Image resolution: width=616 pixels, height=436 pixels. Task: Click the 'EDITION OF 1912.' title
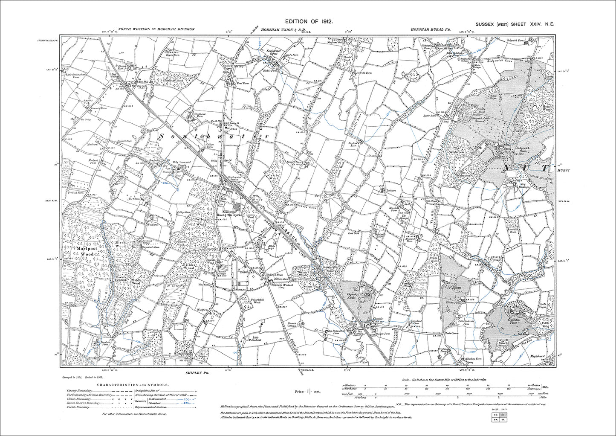[308, 21]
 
